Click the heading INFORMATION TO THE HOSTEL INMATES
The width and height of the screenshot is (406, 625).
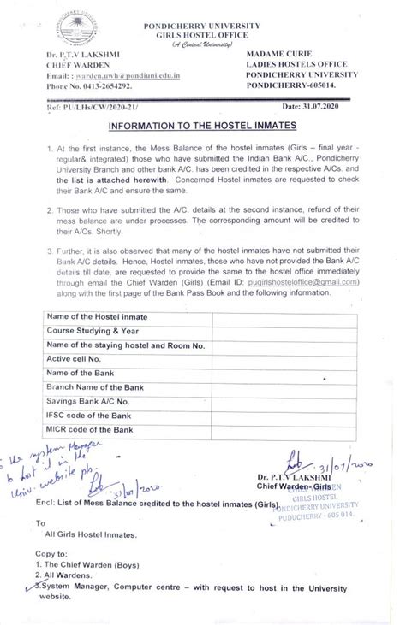coord(202,129)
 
